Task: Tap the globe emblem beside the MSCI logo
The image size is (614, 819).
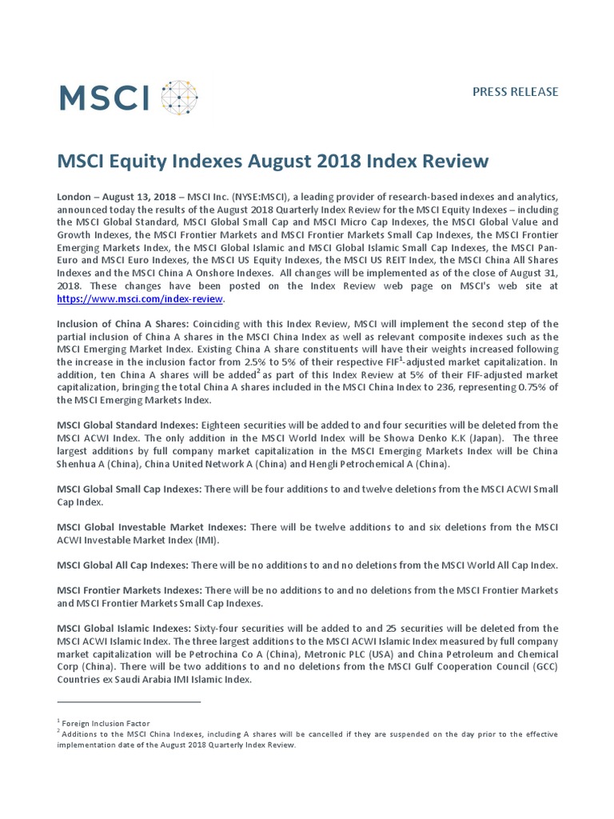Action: click(x=177, y=96)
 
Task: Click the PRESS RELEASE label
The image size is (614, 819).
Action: click(x=515, y=91)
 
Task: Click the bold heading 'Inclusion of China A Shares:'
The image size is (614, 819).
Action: click(x=121, y=323)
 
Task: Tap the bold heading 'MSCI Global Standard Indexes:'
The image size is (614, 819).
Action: click(x=128, y=425)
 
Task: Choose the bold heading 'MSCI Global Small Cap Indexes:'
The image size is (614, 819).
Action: click(x=129, y=489)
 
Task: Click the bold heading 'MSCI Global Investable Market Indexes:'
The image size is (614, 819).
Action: click(x=152, y=527)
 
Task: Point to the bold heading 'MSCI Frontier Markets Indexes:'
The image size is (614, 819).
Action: click(x=129, y=590)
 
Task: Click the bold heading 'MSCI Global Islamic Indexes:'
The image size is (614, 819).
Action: click(x=124, y=629)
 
